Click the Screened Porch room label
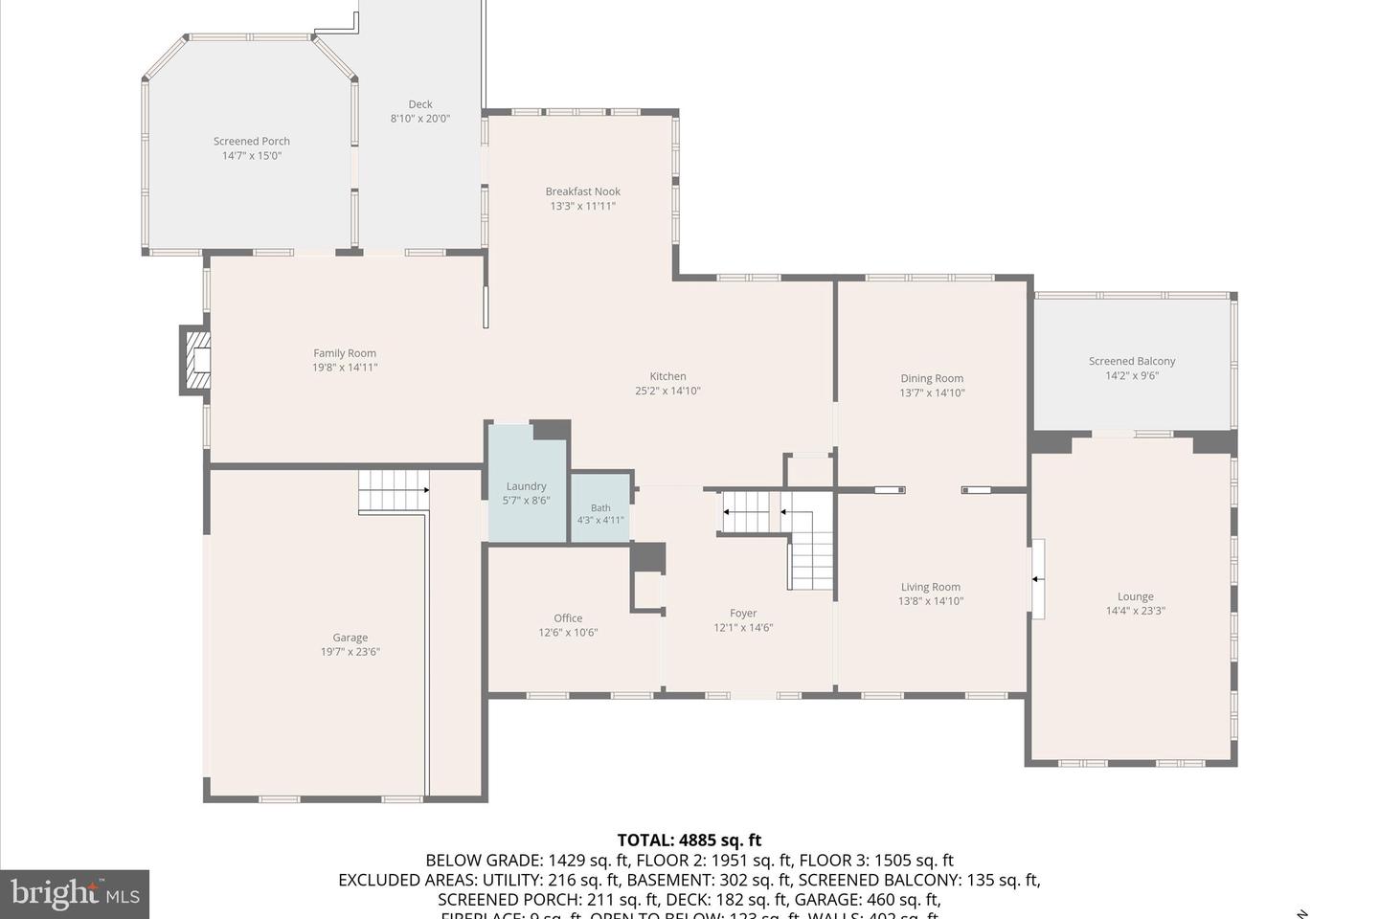[251, 142]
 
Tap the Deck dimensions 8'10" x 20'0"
[419, 119]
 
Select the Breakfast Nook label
[582, 191]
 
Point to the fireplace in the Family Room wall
[196, 360]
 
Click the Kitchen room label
[667, 376]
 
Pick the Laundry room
[526, 492]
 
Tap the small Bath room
[600, 514]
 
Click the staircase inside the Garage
[394, 490]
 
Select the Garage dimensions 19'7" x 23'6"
[350, 652]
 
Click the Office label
[568, 618]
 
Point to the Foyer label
[743, 614]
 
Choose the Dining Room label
[931, 378]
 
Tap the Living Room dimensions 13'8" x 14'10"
[930, 601]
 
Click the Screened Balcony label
[1131, 361]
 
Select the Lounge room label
[1135, 596]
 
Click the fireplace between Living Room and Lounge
[1036, 579]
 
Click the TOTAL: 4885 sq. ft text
[689, 841]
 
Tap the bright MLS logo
[74, 894]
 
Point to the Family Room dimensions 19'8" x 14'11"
[345, 368]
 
